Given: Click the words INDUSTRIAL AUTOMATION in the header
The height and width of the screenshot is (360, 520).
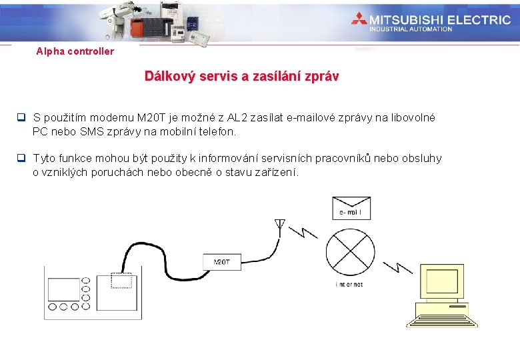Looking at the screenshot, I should (x=411, y=29).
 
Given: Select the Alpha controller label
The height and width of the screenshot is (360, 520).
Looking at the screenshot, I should (x=75, y=51).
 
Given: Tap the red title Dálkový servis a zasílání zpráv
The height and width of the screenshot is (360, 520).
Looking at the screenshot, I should (x=241, y=76).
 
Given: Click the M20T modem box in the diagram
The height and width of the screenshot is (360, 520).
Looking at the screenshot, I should (x=222, y=262).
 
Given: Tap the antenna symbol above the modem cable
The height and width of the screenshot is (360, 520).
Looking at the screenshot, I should (x=280, y=224).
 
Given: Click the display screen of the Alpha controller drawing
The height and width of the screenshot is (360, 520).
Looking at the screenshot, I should (x=64, y=289).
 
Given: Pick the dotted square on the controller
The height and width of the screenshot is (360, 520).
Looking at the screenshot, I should (x=121, y=281).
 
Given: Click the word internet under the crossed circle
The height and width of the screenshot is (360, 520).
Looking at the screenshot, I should (x=349, y=285).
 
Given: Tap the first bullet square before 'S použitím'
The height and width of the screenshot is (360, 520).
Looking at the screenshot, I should (x=21, y=118).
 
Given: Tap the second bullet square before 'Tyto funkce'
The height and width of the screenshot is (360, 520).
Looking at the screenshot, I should (x=21, y=159).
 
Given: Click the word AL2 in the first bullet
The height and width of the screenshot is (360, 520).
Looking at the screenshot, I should (x=239, y=118).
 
